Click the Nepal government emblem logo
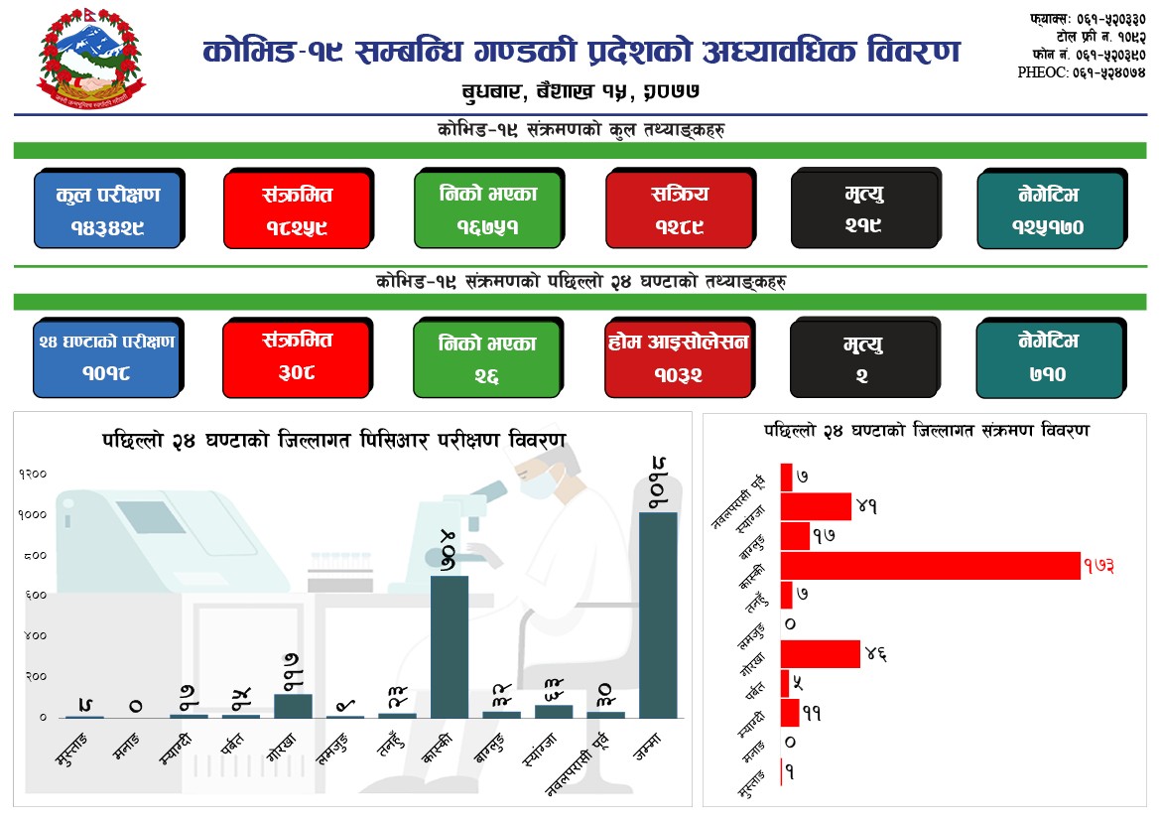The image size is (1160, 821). click(90, 62)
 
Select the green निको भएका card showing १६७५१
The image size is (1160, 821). click(487, 209)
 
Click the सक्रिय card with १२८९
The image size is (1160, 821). click(679, 209)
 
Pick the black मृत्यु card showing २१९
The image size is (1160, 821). click(864, 209)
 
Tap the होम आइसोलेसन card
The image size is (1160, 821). click(679, 356)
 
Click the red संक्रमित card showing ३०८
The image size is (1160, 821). click(297, 356)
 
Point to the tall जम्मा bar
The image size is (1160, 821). click(659, 615)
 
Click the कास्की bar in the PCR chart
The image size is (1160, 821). click(449, 646)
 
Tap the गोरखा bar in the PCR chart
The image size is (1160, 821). click(293, 705)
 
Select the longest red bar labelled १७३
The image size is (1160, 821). click(930, 566)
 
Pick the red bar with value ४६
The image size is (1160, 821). click(820, 654)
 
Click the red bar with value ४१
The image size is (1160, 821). click(816, 506)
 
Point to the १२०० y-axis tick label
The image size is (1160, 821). click(33, 474)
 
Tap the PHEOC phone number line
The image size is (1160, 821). click(1082, 71)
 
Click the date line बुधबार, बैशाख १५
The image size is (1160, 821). click(581, 91)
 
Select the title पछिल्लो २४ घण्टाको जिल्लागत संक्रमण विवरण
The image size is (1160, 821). click(926, 431)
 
